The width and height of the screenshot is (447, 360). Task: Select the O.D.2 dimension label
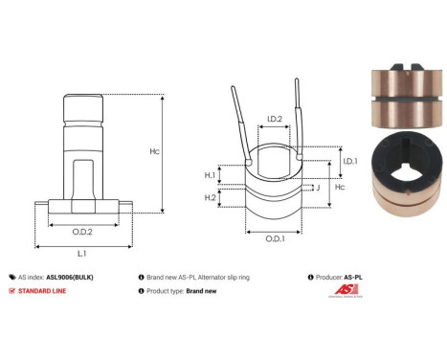(x=81, y=232)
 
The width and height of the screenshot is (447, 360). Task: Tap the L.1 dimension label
(x=81, y=253)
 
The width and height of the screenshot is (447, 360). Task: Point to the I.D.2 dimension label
(x=273, y=120)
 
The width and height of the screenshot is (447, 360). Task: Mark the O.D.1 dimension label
(x=274, y=237)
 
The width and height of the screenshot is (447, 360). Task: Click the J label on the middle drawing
(x=317, y=188)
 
